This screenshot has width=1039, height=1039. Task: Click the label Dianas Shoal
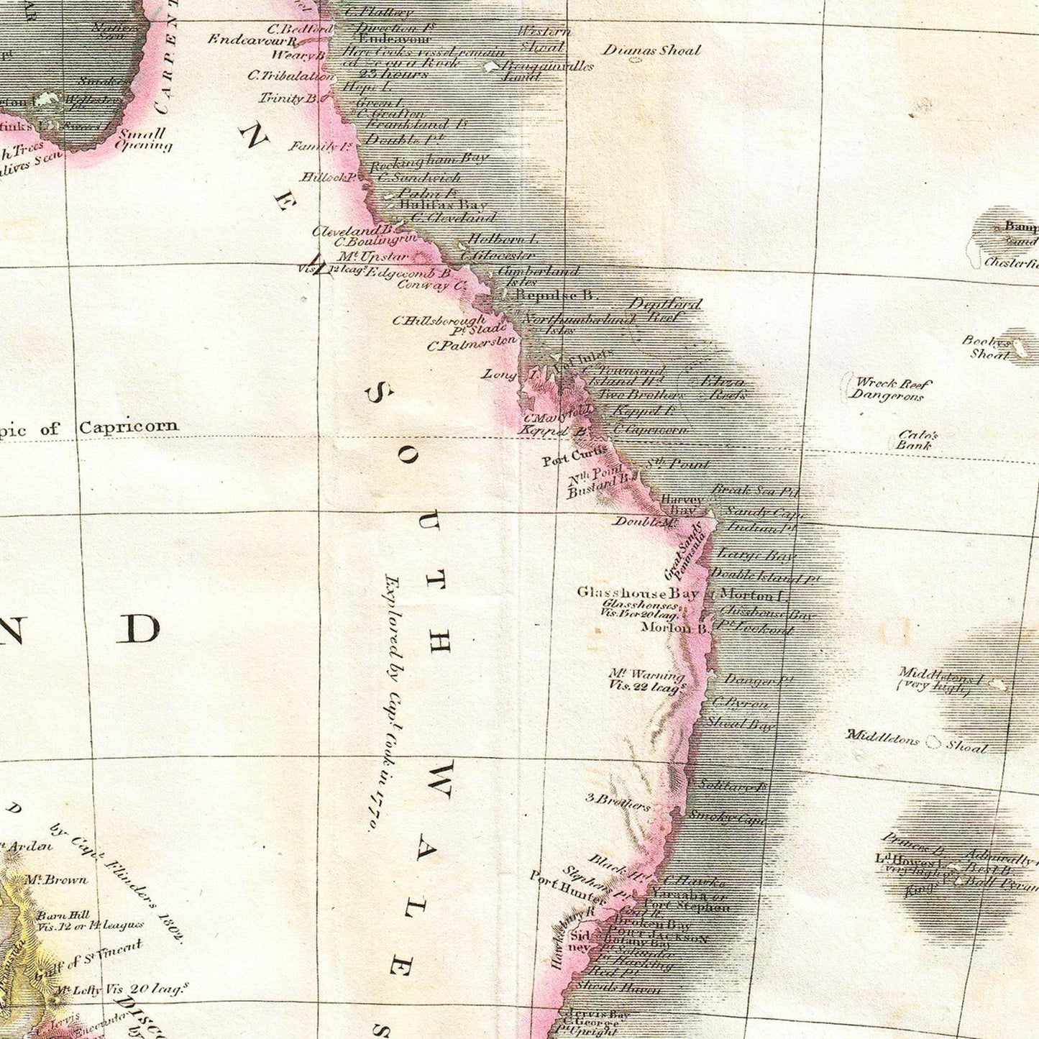(651, 50)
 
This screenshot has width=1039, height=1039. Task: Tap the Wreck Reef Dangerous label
(890, 389)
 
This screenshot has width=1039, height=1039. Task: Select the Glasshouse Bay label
(637, 593)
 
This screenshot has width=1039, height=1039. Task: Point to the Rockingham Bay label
(429, 163)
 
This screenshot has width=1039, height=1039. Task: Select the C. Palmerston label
(472, 344)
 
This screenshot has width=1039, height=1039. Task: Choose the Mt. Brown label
(56, 879)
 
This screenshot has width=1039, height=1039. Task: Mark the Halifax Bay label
(442, 205)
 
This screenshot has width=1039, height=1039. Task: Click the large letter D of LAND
(138, 629)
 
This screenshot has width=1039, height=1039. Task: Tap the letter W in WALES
(440, 780)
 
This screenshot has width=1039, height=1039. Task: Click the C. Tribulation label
(290, 75)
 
